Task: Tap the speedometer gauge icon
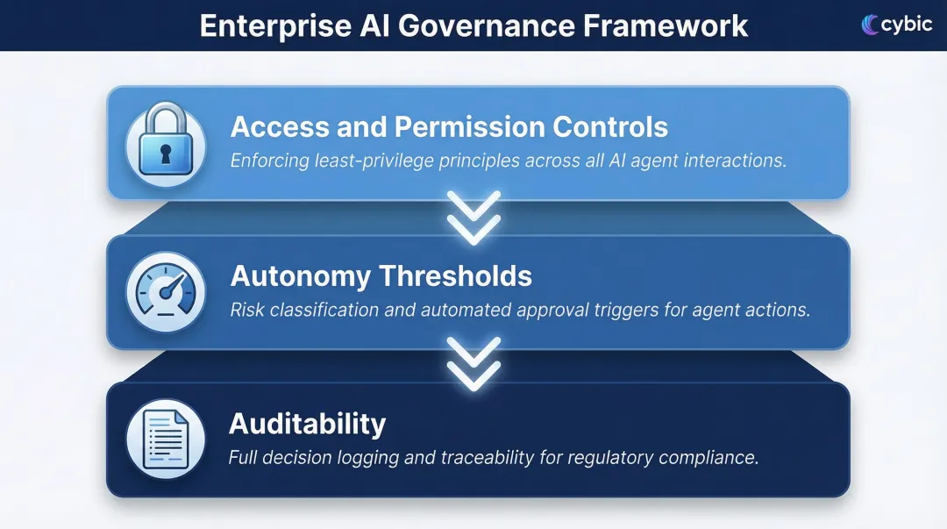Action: pos(167,291)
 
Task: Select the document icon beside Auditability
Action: pos(166,438)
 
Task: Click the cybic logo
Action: pos(897,25)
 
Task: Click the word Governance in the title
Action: pos(485,25)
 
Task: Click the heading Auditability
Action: pos(307,425)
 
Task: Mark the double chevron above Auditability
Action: pos(473,363)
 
